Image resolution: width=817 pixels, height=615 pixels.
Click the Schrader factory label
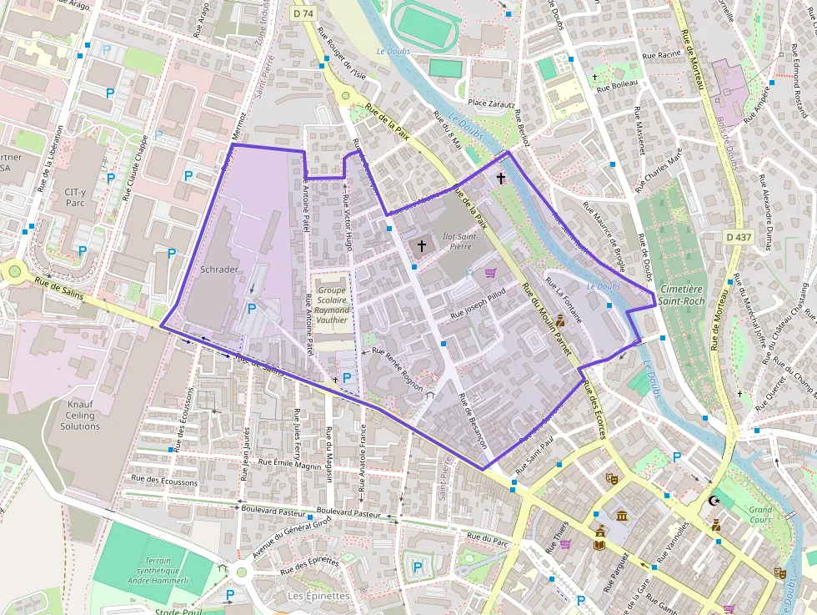tap(219, 270)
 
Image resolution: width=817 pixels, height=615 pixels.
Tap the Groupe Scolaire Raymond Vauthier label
tap(333, 300)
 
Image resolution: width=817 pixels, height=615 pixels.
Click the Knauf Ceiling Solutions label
tap(80, 415)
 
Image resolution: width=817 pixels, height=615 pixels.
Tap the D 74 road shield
tap(303, 14)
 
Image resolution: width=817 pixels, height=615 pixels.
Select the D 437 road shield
tap(739, 238)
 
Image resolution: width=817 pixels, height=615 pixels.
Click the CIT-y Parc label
tap(75, 197)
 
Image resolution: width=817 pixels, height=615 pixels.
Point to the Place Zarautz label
tap(489, 103)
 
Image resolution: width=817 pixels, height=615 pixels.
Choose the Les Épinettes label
tap(318, 596)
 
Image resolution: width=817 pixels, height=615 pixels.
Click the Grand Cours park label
tap(759, 515)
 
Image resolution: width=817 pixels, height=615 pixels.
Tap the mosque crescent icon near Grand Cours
tap(713, 501)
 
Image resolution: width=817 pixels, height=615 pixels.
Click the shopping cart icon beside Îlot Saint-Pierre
tap(490, 273)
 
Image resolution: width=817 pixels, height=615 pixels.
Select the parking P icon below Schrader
tap(251, 309)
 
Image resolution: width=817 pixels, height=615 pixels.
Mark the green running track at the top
tap(423, 23)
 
